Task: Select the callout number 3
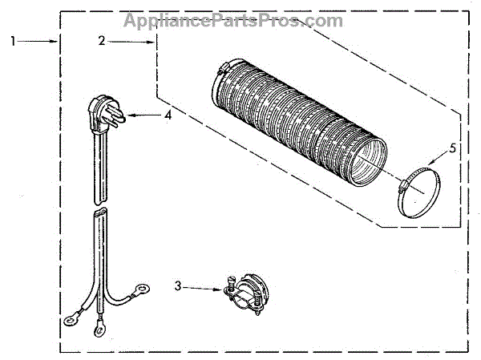point(177,285)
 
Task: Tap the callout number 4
point(168,115)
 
